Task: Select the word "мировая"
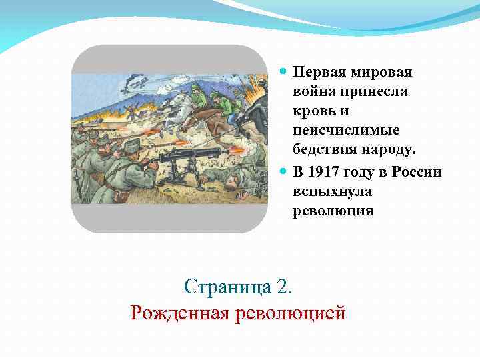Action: tap(381, 71)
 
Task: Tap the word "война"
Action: tap(313, 91)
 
